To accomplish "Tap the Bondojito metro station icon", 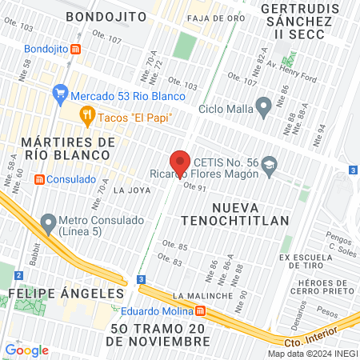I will [x=76, y=49].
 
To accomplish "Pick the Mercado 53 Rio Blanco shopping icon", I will [x=60, y=93].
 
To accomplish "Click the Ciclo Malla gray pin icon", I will [x=262, y=106].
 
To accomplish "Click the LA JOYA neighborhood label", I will [x=132, y=190].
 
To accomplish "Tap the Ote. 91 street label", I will [x=195, y=186].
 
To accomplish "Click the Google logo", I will [x=26, y=350].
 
